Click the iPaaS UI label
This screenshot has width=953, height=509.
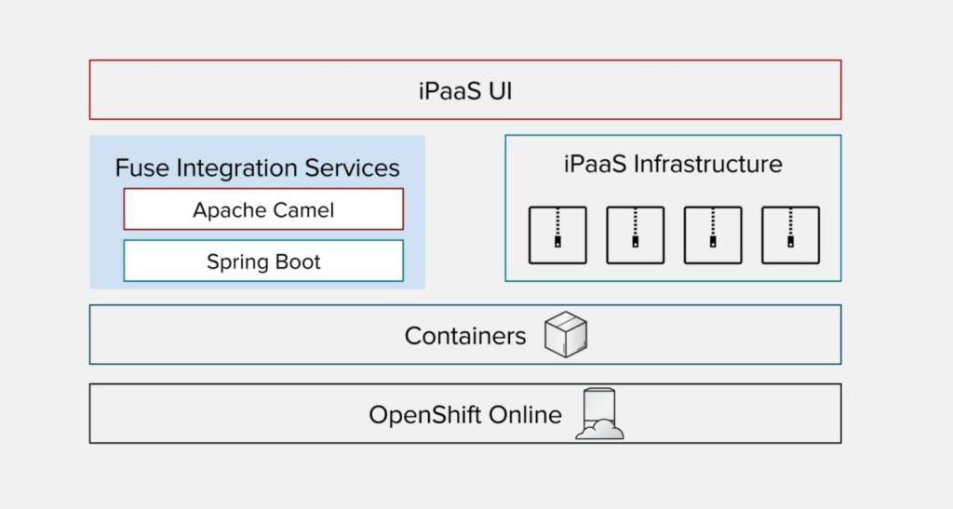[x=465, y=91]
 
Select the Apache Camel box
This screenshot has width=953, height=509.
[x=263, y=209]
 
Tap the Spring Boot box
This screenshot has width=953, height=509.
[x=263, y=261]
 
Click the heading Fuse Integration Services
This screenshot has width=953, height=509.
[x=258, y=168]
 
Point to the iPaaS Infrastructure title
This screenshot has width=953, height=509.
[x=673, y=165]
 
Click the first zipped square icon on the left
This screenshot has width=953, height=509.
[x=557, y=234]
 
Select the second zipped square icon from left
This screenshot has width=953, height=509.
[x=635, y=234]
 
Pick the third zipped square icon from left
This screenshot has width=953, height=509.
[x=713, y=234]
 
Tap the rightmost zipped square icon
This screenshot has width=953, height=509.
[x=790, y=234]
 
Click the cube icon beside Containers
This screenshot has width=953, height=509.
[x=566, y=334]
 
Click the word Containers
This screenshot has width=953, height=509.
[x=465, y=336]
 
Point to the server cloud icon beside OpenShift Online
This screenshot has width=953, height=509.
[x=599, y=414]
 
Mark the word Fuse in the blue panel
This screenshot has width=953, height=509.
[x=137, y=168]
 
